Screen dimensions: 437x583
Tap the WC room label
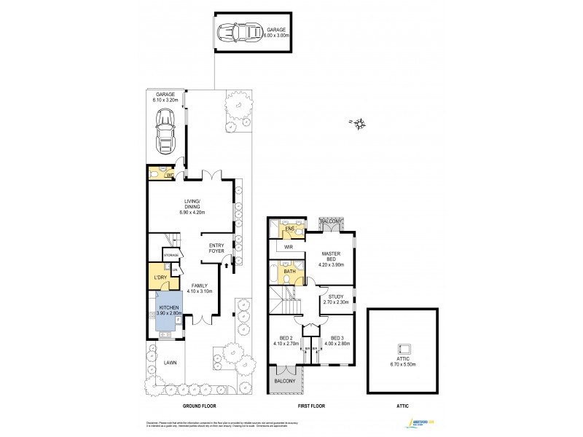click(x=170, y=176)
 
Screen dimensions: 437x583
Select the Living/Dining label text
click(x=192, y=208)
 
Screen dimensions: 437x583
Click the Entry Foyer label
click(x=216, y=248)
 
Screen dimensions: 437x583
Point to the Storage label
click(x=171, y=255)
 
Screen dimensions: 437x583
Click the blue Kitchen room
click(x=168, y=312)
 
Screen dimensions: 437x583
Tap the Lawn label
click(x=170, y=363)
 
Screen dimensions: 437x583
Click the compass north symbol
click(x=359, y=124)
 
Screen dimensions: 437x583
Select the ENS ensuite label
click(x=289, y=229)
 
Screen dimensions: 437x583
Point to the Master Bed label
click(x=332, y=258)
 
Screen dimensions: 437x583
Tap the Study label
click(x=336, y=299)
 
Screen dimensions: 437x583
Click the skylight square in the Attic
click(x=403, y=349)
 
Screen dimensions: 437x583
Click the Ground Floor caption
click(x=199, y=406)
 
